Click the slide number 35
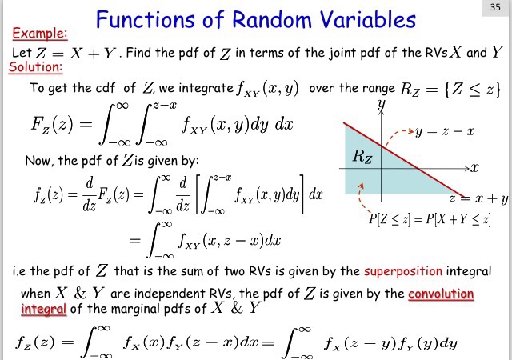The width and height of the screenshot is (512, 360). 495,8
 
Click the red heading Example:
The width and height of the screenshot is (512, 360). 39,34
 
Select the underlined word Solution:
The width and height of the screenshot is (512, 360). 34,67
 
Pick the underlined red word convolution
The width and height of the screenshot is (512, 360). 441,293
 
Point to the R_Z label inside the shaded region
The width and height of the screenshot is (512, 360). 362,157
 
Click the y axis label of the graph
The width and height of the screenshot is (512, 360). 382,104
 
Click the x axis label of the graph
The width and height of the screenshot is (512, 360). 474,168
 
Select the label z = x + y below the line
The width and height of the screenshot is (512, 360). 478,198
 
